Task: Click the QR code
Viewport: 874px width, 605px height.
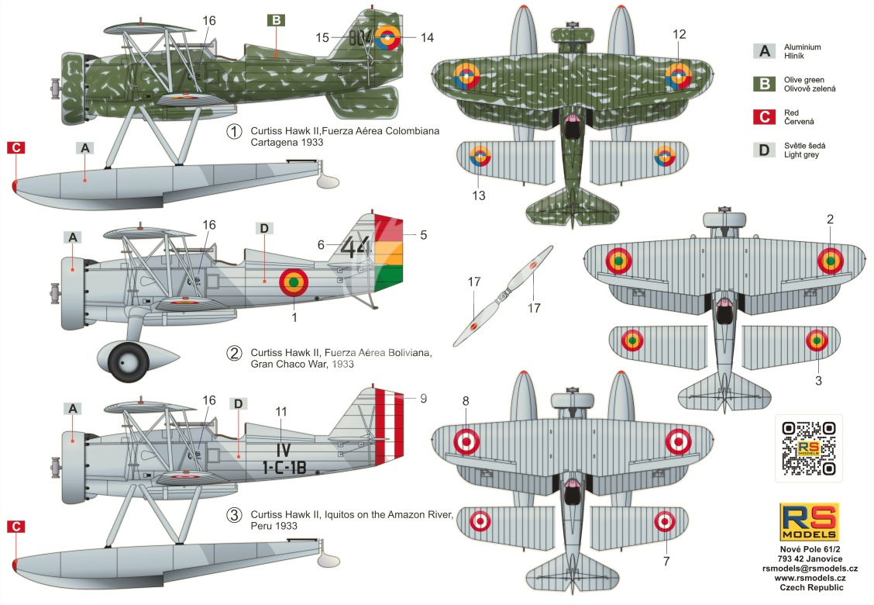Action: (x=808, y=448)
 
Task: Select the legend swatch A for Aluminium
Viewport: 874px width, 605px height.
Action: (x=764, y=51)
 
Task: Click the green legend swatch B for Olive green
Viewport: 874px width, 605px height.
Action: (x=764, y=84)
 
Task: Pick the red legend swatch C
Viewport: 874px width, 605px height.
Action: (x=764, y=116)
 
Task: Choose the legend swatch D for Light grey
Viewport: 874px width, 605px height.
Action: (x=764, y=150)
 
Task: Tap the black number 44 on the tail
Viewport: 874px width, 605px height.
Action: (x=356, y=247)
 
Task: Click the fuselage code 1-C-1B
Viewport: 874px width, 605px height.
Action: (x=284, y=467)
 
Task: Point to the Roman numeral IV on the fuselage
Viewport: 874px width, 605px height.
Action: (x=284, y=449)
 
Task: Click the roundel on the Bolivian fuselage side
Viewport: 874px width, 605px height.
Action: (x=293, y=282)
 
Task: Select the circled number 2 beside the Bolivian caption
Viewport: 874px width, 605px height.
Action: (x=235, y=353)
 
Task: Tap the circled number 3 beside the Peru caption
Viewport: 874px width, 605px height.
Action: (x=235, y=515)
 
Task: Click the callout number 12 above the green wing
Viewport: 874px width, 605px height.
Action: (x=679, y=35)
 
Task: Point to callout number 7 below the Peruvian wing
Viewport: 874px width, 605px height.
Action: (x=666, y=561)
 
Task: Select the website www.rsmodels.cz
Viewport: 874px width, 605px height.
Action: (x=810, y=578)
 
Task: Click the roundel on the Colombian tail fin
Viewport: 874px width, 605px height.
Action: (x=387, y=37)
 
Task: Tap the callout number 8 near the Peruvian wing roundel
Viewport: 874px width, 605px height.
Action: (x=466, y=401)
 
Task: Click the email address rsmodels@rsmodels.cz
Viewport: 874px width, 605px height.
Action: (x=810, y=569)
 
